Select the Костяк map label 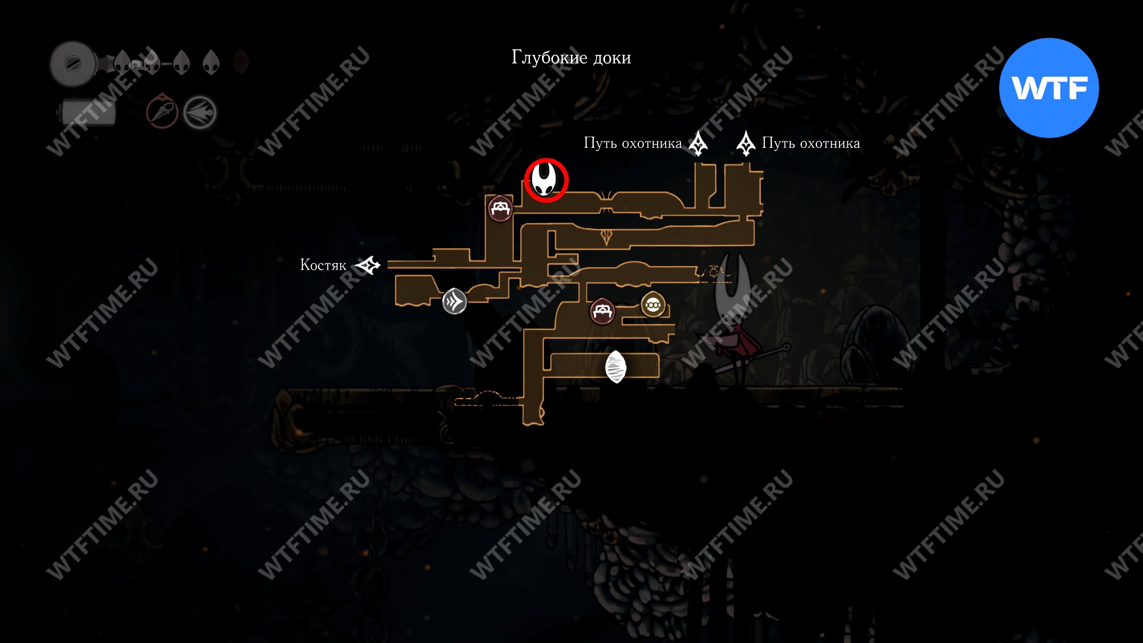click(x=323, y=265)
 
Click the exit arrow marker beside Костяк click(x=368, y=265)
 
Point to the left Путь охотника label click(x=633, y=143)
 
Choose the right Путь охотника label click(x=811, y=143)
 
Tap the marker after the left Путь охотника click(x=698, y=143)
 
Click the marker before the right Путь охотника click(x=746, y=143)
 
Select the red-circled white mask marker click(x=546, y=180)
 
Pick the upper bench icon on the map click(x=500, y=208)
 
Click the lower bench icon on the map click(x=602, y=311)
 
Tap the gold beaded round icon click(x=653, y=305)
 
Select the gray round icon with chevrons click(x=455, y=301)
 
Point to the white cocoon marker click(x=616, y=367)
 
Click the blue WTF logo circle click(x=1049, y=88)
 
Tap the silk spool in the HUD click(x=73, y=64)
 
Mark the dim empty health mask click(x=241, y=62)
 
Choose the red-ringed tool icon click(x=163, y=112)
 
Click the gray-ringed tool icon click(x=200, y=113)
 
